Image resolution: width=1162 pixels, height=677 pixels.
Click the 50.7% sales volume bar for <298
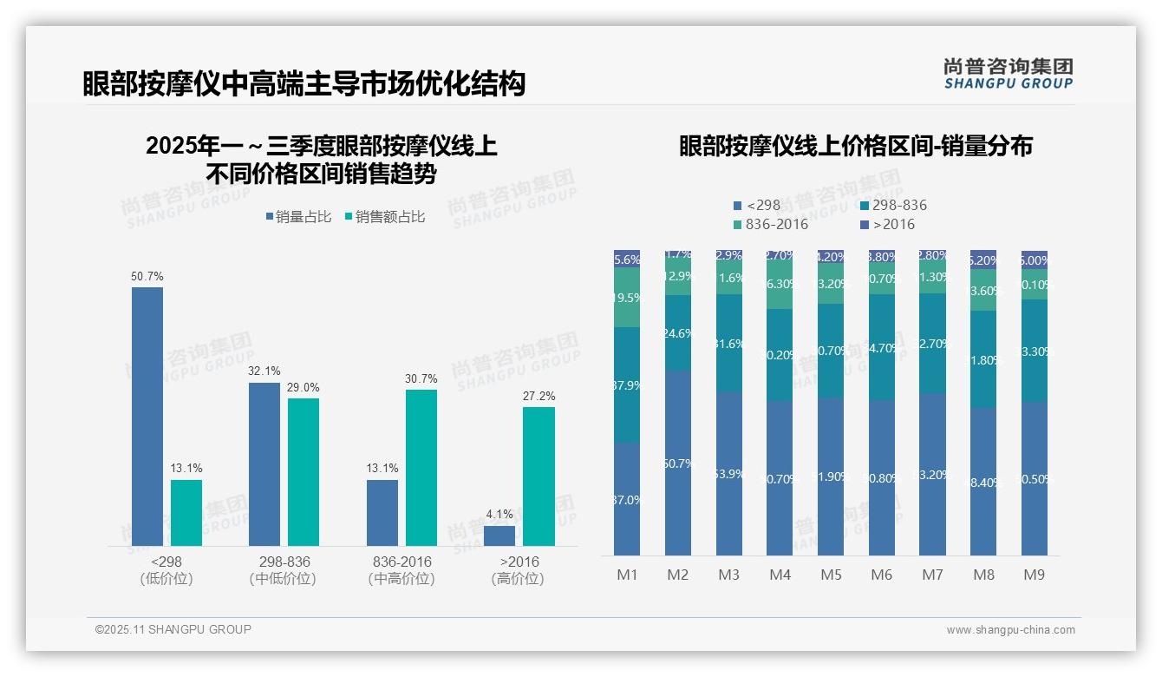click(147, 417)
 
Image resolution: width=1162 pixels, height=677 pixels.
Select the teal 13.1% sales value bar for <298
click(186, 513)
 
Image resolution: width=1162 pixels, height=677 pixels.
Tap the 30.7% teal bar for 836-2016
click(421, 468)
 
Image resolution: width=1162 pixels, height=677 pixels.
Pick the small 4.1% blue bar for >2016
click(499, 536)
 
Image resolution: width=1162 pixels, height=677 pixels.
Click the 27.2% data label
click(539, 397)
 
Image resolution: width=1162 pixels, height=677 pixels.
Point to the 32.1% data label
click(264, 371)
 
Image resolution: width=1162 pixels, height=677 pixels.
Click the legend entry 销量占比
click(298, 217)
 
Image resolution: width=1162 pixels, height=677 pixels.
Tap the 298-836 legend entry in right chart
click(893, 206)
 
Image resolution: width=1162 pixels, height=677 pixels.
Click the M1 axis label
click(627, 575)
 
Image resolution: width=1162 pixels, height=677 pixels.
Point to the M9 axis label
click(1034, 575)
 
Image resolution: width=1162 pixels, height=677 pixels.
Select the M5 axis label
click(830, 575)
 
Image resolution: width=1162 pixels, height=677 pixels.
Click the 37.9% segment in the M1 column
click(627, 385)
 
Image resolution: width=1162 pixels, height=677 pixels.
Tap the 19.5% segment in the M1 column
click(627, 298)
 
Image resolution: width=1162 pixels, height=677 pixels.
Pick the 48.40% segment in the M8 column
click(983, 482)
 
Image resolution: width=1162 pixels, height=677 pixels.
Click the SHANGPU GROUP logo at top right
click(1008, 74)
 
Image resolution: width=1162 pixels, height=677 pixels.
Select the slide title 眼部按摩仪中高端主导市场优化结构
click(304, 84)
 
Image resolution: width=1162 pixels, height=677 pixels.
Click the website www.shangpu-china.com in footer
click(1010, 630)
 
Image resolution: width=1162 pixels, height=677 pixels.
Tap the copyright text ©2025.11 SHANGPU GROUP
click(173, 629)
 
